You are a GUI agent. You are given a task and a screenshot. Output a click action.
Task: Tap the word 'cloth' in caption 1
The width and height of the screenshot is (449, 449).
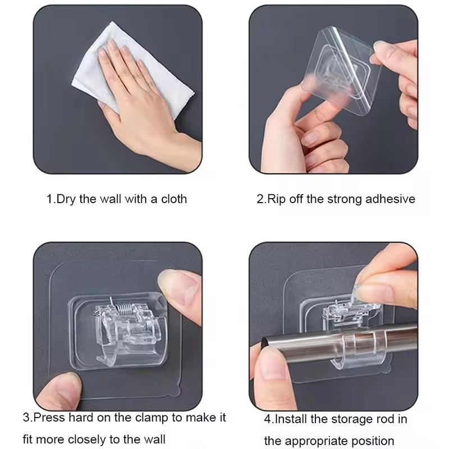[x=174, y=199]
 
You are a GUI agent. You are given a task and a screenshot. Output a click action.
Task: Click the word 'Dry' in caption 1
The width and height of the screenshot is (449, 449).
[x=66, y=199]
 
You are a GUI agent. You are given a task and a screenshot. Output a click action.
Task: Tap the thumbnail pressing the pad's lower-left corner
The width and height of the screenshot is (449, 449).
[x=65, y=383]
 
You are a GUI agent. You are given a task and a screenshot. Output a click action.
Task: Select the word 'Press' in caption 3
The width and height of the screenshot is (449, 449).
[x=49, y=418]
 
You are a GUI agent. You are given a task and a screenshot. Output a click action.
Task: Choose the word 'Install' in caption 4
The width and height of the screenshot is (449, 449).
[x=291, y=419]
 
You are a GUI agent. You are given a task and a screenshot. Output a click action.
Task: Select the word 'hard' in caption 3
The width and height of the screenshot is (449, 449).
[x=81, y=418]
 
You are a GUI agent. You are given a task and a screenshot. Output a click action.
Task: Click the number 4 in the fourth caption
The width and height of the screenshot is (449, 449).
[x=268, y=419]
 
